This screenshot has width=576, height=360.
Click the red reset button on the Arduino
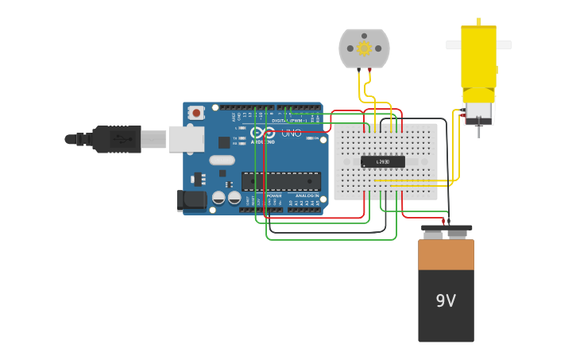pos(195,114)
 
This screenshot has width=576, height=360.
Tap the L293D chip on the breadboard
pos(382,161)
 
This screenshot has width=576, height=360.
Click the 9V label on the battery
pos(446,301)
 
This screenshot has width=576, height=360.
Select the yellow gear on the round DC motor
pos(364,48)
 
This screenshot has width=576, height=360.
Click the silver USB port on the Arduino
pos(186,139)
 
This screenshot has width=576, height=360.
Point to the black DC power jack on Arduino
pos(191,200)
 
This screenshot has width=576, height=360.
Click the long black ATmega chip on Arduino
pos(281,181)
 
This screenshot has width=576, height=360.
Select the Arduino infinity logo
pos(263,133)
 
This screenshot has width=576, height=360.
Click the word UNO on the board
pos(291,133)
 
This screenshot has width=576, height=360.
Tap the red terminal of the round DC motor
pos(369,72)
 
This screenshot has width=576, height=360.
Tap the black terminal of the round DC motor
pos(359,72)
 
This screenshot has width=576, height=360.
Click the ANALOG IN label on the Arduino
pos(307,195)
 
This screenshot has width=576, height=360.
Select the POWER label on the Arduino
pos(273,195)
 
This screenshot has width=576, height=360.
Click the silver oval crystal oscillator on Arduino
pos(222,160)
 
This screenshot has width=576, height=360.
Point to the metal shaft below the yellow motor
pos(479,130)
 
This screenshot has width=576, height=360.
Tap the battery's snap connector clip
pos(446,231)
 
